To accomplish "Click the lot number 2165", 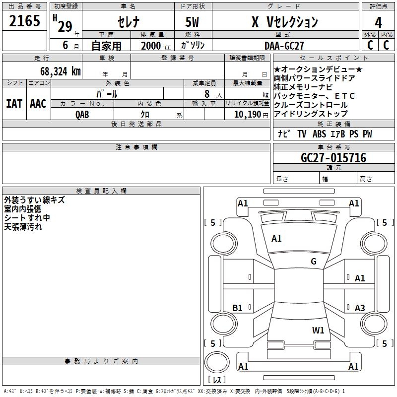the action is [x=24, y=20].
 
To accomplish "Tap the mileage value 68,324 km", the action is [x=61, y=71].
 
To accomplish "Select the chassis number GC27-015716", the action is [x=333, y=157].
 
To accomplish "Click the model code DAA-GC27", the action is [x=284, y=46].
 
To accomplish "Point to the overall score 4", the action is [x=378, y=22].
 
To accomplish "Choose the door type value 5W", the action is [x=192, y=22].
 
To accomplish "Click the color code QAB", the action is [x=82, y=115].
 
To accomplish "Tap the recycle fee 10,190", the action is [x=248, y=115].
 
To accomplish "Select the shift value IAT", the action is [x=14, y=104].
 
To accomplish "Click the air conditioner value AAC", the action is [x=38, y=104].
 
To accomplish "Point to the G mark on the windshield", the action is [x=314, y=261].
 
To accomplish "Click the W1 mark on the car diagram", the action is [x=318, y=330].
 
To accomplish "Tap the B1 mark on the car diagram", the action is [x=238, y=308].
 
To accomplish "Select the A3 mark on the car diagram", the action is [x=360, y=308].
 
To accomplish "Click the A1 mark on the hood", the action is [x=276, y=238].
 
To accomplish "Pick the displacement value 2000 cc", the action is [x=156, y=46].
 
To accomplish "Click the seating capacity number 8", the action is [x=207, y=94].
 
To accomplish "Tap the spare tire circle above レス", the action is [x=217, y=362].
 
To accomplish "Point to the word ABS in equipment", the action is [x=319, y=133].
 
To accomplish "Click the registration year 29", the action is [x=65, y=26].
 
